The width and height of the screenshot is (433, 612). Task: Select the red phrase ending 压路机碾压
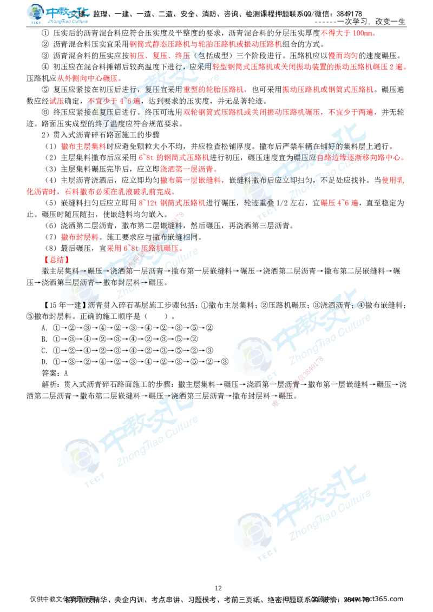pyautogui.click(x=143, y=248)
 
